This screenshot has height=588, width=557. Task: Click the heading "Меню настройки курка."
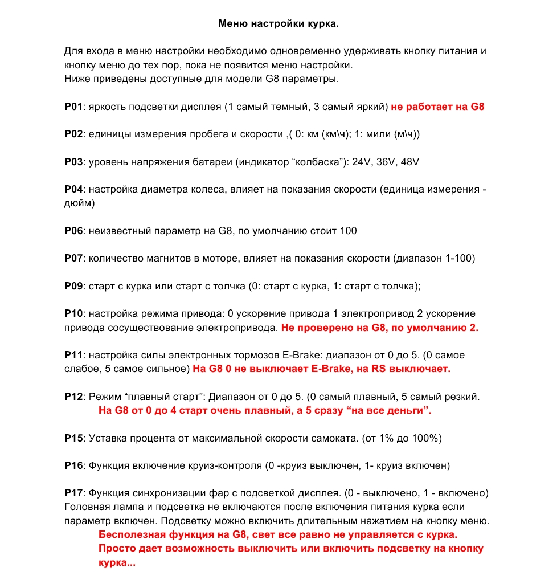pyautogui.click(x=278, y=24)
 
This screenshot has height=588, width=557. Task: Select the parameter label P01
pyautogui.click(x=73, y=107)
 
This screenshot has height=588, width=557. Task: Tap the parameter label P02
pyautogui.click(x=73, y=134)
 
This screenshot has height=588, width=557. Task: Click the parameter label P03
pyautogui.click(x=73, y=162)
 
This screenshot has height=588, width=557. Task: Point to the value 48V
pyautogui.click(x=410, y=162)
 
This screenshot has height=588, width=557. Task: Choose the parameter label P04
pyautogui.click(x=73, y=189)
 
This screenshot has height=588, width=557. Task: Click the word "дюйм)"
pyautogui.click(x=79, y=203)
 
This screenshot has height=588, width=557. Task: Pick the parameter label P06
pyautogui.click(x=73, y=231)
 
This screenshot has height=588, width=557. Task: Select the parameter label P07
pyautogui.click(x=73, y=258)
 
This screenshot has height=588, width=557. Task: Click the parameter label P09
pyautogui.click(x=73, y=286)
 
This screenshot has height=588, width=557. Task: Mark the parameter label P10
pyautogui.click(x=73, y=314)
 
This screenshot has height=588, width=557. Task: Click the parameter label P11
pyautogui.click(x=73, y=355)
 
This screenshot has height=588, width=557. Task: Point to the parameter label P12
pyautogui.click(x=73, y=396)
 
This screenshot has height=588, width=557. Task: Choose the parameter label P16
pyautogui.click(x=73, y=465)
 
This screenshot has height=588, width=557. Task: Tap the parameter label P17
pyautogui.click(x=73, y=493)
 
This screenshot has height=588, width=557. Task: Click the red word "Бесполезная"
pyautogui.click(x=132, y=535)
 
